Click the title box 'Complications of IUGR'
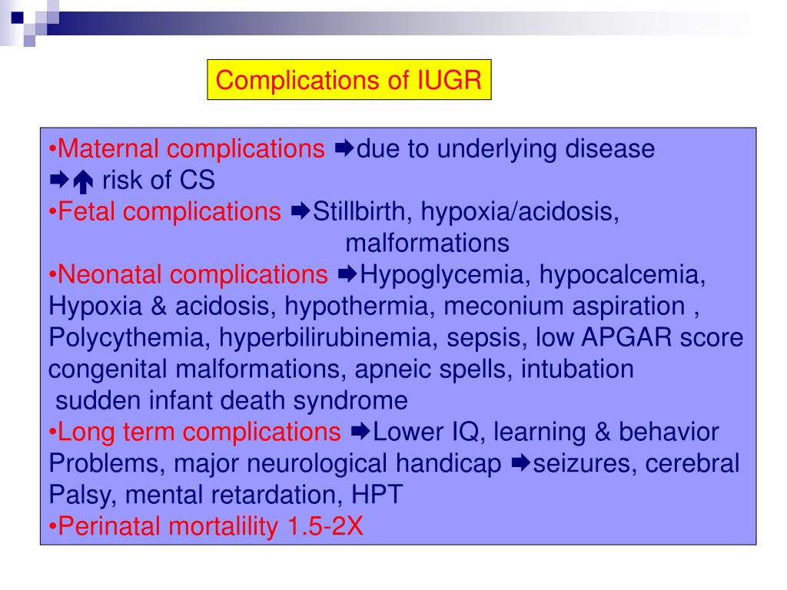[349, 80]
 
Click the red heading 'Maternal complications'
[192, 149]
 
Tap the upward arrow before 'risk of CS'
[84, 181]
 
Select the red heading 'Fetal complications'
[170, 212]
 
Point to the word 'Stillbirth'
[360, 212]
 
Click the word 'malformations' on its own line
[427, 244]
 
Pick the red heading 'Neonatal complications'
[193, 275]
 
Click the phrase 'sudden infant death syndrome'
[231, 401]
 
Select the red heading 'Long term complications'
[199, 433]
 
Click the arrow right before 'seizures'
[520, 464]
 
